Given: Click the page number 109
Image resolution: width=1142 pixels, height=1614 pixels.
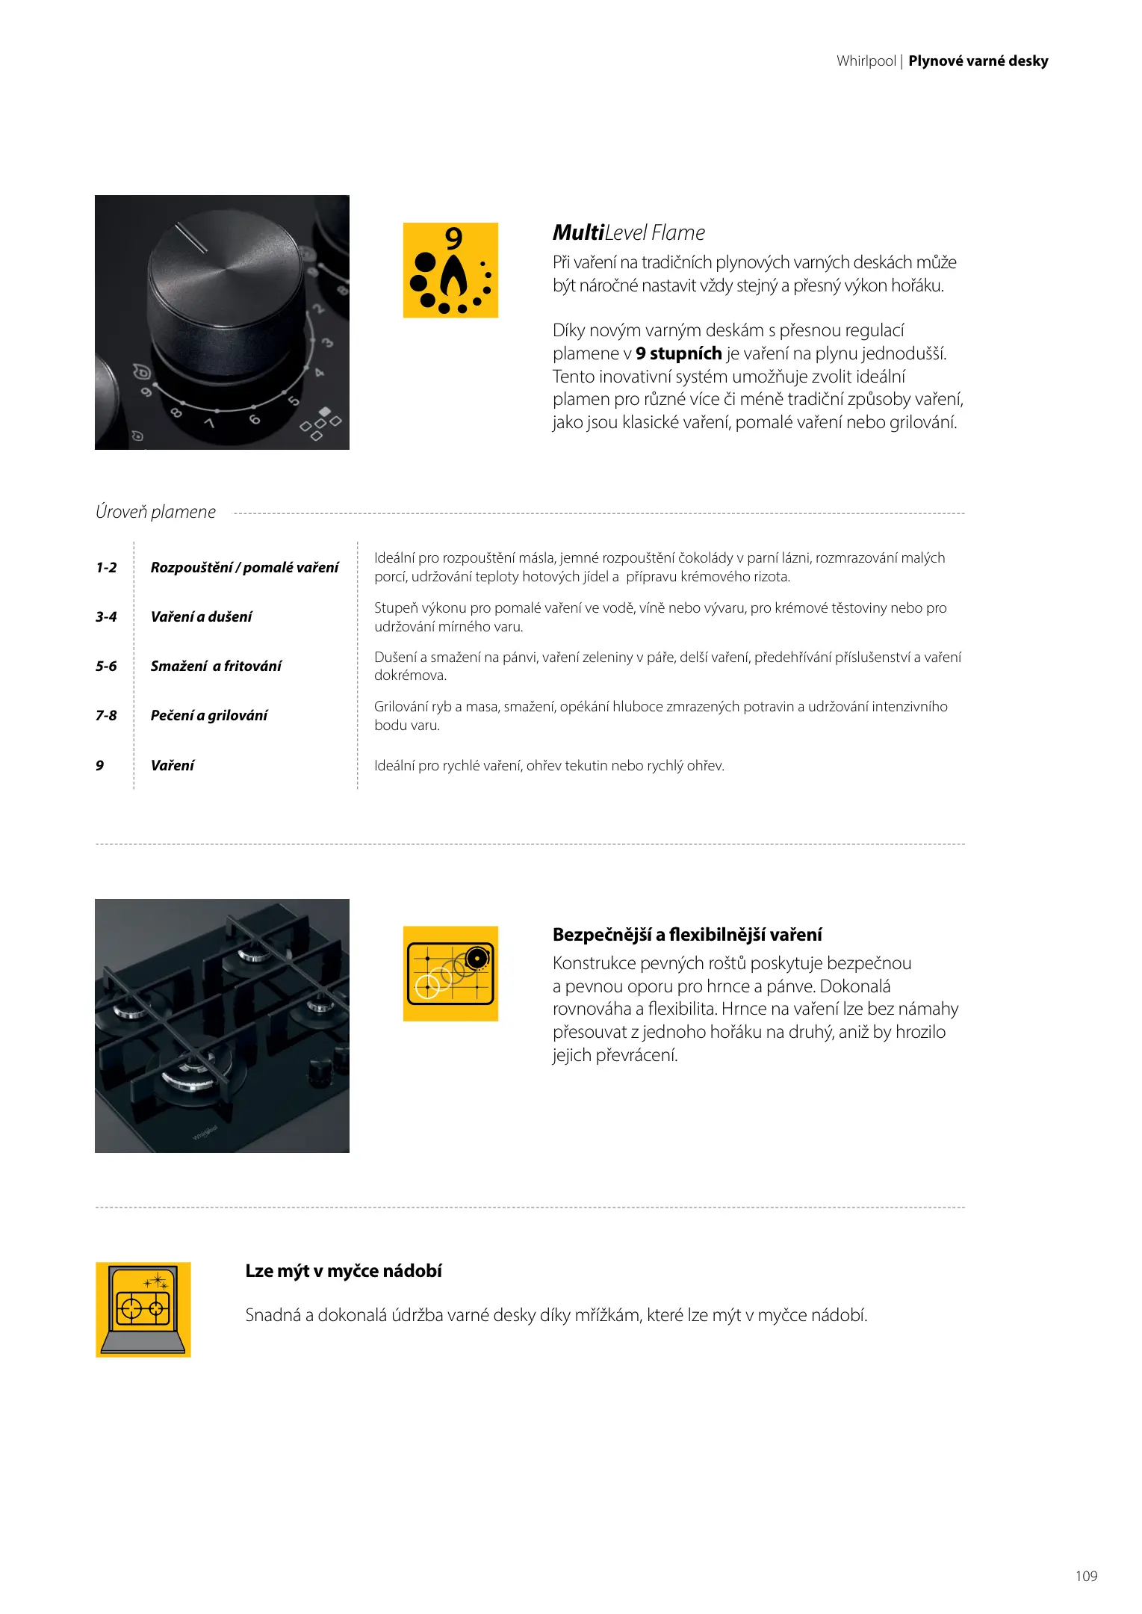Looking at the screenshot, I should pos(1086,1576).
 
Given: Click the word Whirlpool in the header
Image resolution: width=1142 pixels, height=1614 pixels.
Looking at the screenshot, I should pos(866,61).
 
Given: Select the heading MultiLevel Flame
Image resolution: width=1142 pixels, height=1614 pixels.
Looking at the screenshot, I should pos(628,233).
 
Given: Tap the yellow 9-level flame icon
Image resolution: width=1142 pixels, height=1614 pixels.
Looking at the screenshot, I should pos(450,270).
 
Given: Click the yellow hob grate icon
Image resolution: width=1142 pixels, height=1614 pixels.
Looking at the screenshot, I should pos(450,973).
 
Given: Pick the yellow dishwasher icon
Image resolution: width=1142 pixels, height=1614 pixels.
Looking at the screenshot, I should pos(143,1309).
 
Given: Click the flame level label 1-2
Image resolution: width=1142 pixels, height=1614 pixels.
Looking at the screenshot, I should pos(106,567).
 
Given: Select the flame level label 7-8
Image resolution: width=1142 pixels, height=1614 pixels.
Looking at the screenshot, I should pos(106,715).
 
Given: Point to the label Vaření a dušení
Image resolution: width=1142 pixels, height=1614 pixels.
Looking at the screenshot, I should pos(201,616).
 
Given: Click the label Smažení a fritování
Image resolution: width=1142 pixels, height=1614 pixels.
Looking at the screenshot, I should pos(216,666).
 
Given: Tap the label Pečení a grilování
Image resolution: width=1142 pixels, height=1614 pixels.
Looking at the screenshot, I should pos(208,715).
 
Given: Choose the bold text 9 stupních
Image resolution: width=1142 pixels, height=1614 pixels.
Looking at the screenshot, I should pos(678,353).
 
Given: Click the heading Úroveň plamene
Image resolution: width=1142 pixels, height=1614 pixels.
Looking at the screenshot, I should pos(155,512).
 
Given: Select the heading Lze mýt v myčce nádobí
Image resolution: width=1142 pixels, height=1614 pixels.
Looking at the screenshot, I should pos(344,1271).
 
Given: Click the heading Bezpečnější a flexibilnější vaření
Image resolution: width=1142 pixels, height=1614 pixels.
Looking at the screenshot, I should pos(687,934).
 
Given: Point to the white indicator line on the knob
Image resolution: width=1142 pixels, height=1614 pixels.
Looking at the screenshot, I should pos(191,238).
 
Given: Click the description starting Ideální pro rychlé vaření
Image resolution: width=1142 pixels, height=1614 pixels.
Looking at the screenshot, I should pos(549,765).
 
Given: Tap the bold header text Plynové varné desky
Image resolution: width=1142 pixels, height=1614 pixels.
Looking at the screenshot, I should pos(978,61).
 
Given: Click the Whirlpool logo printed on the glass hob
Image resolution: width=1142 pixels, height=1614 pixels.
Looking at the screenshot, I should pos(205,1131).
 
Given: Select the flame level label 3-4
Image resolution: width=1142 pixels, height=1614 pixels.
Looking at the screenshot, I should pos(106,616).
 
